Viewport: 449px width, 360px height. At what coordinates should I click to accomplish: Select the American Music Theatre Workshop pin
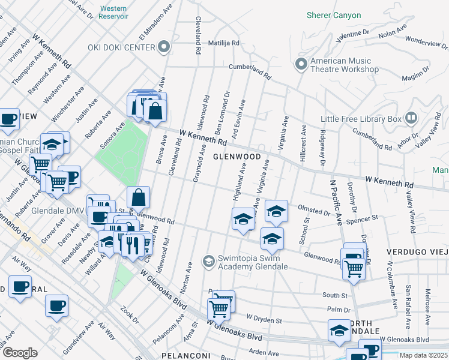pos(301,63)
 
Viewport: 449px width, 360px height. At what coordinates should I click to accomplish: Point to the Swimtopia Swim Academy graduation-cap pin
pos(208,260)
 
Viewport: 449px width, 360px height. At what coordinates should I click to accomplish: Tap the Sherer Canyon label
pos(334,15)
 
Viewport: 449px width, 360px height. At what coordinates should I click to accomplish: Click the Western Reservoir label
pos(113,12)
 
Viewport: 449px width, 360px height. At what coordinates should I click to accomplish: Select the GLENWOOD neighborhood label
pos(237,157)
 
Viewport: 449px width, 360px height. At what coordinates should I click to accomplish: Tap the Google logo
pos(19,353)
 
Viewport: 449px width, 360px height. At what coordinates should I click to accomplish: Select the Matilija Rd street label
pos(223,43)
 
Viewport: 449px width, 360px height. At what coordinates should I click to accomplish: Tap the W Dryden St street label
pos(265,319)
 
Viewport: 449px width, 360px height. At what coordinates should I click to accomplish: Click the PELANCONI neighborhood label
pos(185,356)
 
